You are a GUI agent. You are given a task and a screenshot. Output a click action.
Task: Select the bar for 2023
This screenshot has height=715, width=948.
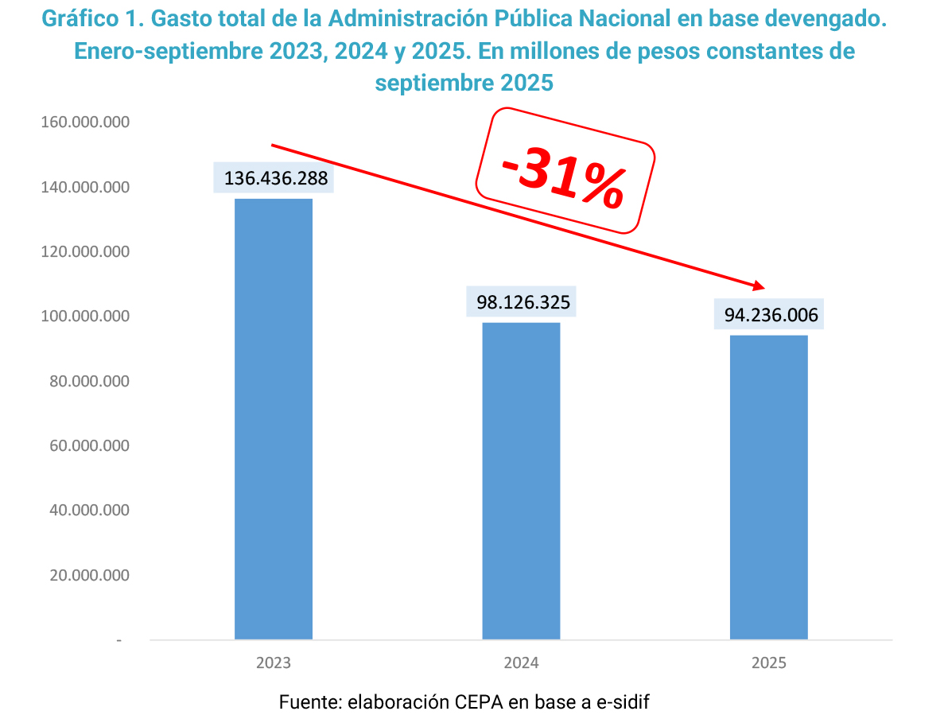click(x=274, y=418)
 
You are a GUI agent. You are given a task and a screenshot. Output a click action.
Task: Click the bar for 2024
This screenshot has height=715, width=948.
click(x=521, y=480)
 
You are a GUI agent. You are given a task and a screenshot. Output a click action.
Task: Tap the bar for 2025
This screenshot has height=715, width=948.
click(x=769, y=487)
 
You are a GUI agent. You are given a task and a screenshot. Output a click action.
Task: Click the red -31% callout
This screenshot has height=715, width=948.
click(x=564, y=171)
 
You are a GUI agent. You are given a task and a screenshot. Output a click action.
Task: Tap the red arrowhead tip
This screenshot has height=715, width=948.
click(x=762, y=288)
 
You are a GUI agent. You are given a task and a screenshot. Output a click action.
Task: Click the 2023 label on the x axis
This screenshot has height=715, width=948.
click(x=274, y=663)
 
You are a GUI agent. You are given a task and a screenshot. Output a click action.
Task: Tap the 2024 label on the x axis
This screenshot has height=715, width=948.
click(x=521, y=663)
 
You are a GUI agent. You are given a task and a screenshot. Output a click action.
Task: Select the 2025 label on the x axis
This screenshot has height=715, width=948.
click(x=769, y=663)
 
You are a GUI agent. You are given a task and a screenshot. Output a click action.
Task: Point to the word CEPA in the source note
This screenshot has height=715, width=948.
click(x=480, y=702)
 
